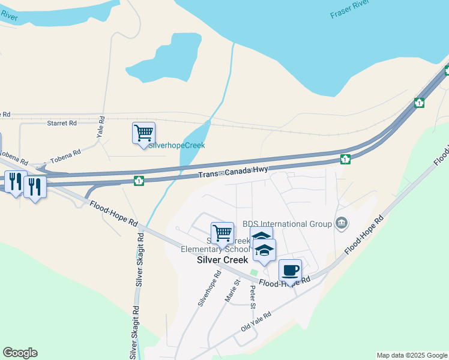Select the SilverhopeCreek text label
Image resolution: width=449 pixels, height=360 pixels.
[x=177, y=145]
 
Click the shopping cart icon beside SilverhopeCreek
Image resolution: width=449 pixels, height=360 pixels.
[x=143, y=133]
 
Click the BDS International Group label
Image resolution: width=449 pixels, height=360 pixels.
[x=287, y=224]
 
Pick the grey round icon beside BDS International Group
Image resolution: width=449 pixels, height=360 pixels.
[x=342, y=224]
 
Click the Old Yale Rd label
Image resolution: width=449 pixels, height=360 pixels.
[x=256, y=322]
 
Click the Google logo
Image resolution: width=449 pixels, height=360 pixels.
[x=20, y=353]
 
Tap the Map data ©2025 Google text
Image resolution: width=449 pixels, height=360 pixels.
[x=411, y=355]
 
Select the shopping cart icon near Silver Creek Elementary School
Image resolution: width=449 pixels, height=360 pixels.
[x=222, y=233]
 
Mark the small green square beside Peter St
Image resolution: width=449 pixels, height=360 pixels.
[x=254, y=273]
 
